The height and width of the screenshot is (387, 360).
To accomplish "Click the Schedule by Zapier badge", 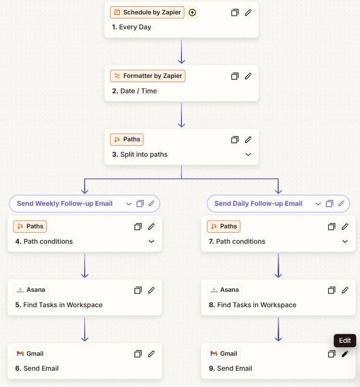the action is click(x=147, y=12).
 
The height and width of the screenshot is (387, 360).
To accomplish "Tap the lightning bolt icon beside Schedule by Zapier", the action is click(x=192, y=12).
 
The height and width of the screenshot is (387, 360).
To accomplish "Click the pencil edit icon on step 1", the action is click(x=248, y=12).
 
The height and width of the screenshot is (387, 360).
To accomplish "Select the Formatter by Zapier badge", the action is click(x=147, y=76).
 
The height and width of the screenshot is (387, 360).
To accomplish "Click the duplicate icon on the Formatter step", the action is click(x=235, y=76).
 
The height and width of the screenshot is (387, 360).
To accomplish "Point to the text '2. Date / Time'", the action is click(x=134, y=91).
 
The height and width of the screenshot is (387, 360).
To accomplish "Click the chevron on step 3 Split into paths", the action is click(x=248, y=154).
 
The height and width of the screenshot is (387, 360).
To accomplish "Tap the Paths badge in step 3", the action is click(x=127, y=139).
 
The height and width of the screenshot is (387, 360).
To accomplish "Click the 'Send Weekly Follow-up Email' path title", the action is click(x=64, y=203).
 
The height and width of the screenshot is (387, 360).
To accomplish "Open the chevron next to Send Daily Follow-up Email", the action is click(x=318, y=204).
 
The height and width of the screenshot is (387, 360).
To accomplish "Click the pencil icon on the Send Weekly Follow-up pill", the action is click(x=152, y=203).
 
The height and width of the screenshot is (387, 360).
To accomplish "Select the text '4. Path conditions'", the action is click(x=44, y=241).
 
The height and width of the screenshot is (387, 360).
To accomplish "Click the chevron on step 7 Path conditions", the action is click(x=345, y=241).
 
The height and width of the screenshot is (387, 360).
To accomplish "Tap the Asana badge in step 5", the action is click(x=31, y=290).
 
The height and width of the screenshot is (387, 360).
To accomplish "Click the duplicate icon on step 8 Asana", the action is click(x=332, y=290).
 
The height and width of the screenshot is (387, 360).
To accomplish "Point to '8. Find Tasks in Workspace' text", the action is click(x=253, y=305).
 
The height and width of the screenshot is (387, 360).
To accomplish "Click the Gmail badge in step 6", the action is click(x=30, y=354).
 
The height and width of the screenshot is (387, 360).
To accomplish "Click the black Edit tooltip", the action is click(x=345, y=340).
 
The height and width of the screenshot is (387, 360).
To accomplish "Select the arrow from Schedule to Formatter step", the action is click(x=181, y=51).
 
